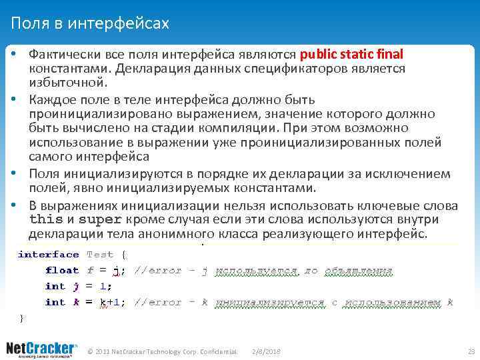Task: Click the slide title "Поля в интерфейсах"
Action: coord(90,24)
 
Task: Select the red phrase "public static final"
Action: coord(352,54)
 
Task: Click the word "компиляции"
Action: coord(242,128)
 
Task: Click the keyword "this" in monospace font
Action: coord(46,219)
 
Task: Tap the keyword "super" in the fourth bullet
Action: coord(100,219)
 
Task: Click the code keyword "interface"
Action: coord(48,254)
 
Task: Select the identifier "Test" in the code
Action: coord(100,254)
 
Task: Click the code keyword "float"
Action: coord(62,270)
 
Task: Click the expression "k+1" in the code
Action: coord(109,302)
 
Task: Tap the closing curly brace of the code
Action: coord(21,318)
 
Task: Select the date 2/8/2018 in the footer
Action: coord(266,351)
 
